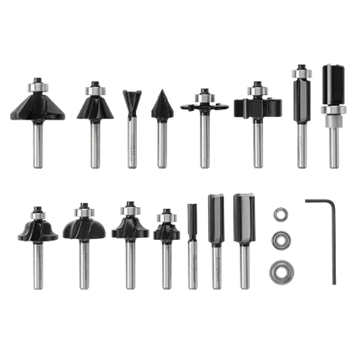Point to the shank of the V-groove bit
click(x=160, y=142)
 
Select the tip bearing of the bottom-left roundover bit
click(x=37, y=208)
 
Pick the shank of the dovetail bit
click(x=130, y=142)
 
